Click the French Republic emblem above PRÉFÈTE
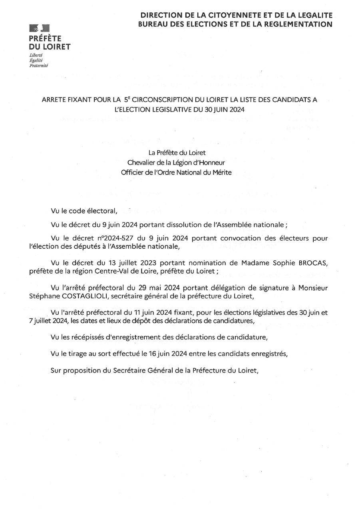click(x=39, y=28)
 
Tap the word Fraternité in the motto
click(x=38, y=65)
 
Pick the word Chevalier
click(x=141, y=162)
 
